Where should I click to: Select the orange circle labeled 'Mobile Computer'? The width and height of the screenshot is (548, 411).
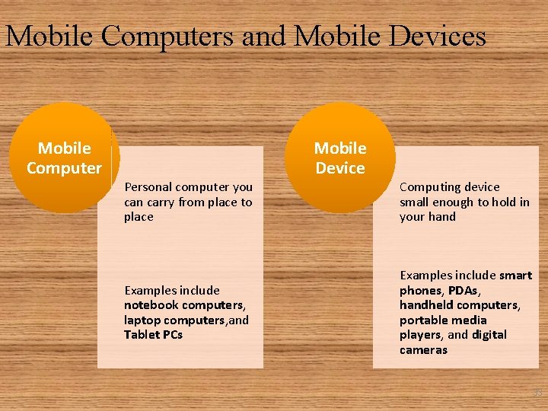[x=64, y=158]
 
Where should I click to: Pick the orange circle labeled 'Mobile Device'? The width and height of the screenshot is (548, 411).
[x=340, y=158]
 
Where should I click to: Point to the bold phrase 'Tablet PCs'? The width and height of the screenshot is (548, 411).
[x=153, y=334]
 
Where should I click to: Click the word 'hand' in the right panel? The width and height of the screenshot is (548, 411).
[x=442, y=216]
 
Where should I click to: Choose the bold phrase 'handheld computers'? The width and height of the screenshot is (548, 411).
[x=459, y=304]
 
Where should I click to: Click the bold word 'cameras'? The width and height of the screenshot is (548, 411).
[x=423, y=349]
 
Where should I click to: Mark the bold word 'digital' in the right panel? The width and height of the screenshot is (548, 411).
[x=489, y=334]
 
